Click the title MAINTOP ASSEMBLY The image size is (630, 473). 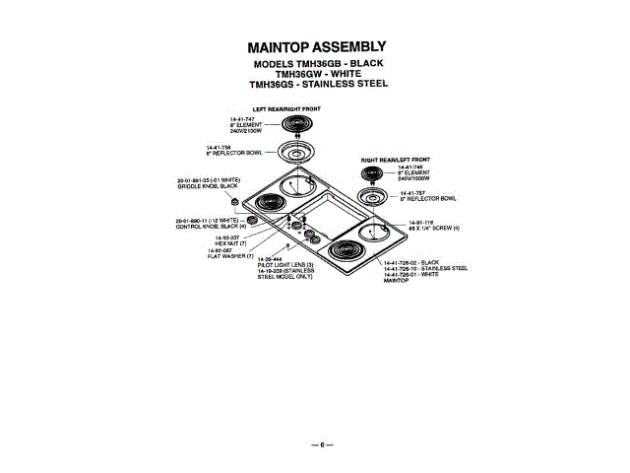tap(316, 47)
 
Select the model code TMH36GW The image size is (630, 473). tap(294, 73)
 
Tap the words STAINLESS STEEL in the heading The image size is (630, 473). tap(345, 84)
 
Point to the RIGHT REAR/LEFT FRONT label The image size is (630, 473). tap(396, 159)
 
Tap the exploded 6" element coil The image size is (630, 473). tap(372, 174)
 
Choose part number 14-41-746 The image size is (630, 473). tap(410, 167)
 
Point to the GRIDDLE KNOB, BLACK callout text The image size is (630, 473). tap(208, 186)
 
